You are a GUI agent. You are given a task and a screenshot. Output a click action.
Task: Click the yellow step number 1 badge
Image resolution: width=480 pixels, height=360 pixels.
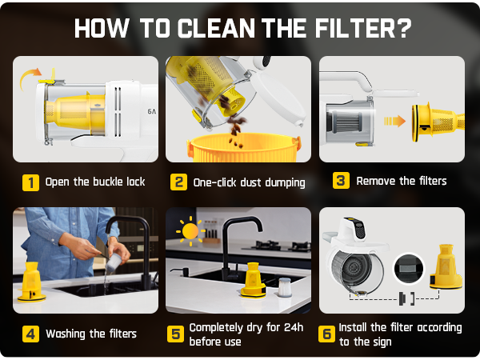click(30, 182)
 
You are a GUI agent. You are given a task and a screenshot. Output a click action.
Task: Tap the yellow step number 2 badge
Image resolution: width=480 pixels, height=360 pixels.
click(178, 182)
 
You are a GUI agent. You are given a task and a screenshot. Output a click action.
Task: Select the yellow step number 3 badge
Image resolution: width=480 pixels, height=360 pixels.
click(341, 180)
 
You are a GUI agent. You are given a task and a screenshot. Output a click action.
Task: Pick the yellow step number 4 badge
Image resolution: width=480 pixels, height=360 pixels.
click(30, 334)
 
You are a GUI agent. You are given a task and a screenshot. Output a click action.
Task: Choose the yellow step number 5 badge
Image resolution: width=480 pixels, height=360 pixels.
click(176, 334)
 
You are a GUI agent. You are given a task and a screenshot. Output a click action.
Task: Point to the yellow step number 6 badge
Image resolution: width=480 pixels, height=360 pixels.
click(326, 334)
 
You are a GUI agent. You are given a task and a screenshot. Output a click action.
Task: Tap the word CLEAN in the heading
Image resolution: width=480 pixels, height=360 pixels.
click(216, 28)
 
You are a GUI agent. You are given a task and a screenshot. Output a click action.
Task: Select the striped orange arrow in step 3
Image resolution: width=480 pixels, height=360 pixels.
click(395, 122)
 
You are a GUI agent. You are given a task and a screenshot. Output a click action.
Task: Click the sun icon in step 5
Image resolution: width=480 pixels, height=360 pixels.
click(190, 231)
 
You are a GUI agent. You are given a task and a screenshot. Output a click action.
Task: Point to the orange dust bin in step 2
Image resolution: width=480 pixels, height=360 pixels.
click(243, 148)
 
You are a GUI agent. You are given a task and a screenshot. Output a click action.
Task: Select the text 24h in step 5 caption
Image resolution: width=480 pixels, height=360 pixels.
click(294, 327)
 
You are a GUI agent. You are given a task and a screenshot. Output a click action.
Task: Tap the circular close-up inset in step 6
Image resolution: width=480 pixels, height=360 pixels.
click(409, 269)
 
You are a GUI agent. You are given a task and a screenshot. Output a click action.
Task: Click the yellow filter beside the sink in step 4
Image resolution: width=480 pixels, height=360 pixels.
click(31, 282)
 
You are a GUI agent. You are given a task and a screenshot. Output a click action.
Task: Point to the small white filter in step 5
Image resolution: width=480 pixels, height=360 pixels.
click(284, 287)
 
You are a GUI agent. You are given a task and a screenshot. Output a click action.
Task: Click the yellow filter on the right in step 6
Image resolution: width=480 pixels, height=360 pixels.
click(446, 267)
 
